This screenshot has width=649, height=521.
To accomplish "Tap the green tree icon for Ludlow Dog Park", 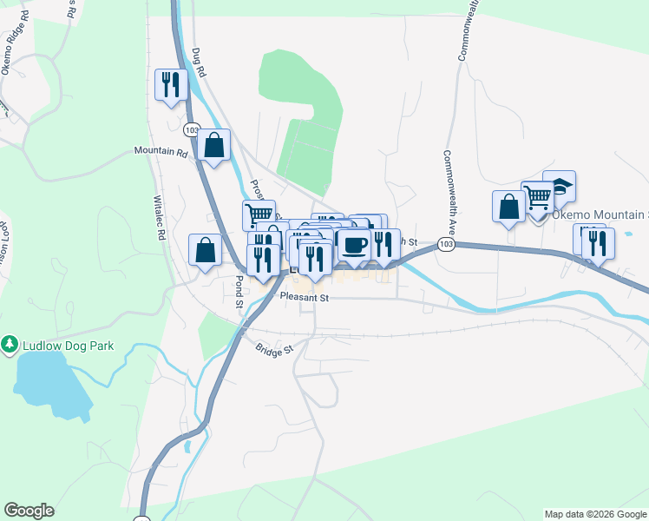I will [10, 345].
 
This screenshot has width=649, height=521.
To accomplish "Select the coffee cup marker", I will [353, 246].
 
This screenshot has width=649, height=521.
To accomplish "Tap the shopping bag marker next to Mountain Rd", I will [213, 145].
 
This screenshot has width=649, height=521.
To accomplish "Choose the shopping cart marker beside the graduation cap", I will [538, 198].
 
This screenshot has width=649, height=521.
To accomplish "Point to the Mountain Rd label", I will [161, 151].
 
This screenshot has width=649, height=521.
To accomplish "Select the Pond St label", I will [238, 292].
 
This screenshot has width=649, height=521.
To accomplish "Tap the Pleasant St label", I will [305, 297].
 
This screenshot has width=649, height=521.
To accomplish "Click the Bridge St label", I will [275, 349].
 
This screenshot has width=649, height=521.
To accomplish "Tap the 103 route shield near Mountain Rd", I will [192, 129].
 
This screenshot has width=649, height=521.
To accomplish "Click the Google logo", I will [29, 511].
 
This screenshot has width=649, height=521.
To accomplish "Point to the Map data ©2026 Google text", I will [594, 514].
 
